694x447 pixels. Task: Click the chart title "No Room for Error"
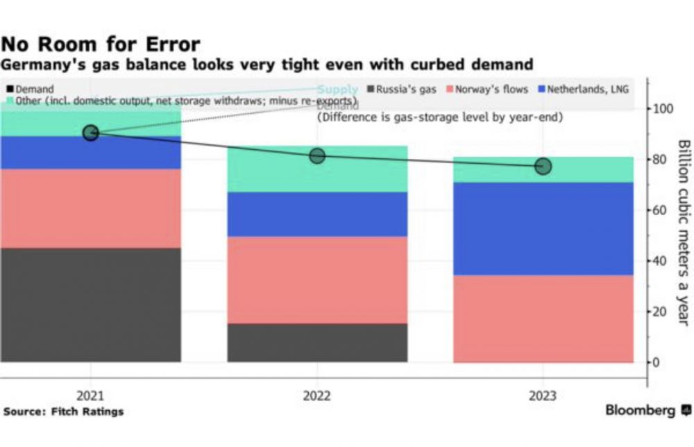pyautogui.click(x=101, y=45)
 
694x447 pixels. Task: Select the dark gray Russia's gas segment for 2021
pyautogui.click(x=90, y=305)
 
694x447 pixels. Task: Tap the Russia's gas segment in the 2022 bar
pyautogui.click(x=317, y=342)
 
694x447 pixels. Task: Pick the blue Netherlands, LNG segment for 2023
pyautogui.click(x=543, y=228)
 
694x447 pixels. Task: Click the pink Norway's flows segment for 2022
pyautogui.click(x=317, y=280)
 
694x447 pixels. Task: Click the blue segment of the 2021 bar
pyautogui.click(x=90, y=153)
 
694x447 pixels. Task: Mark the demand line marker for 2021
pyautogui.click(x=90, y=133)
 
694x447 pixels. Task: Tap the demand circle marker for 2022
pyautogui.click(x=317, y=155)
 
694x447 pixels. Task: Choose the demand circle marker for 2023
pyautogui.click(x=543, y=167)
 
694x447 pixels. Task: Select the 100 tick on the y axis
pyautogui.click(x=662, y=109)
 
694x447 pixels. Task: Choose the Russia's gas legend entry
pyautogui.click(x=406, y=90)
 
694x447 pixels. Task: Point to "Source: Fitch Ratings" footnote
pyautogui.click(x=63, y=412)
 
